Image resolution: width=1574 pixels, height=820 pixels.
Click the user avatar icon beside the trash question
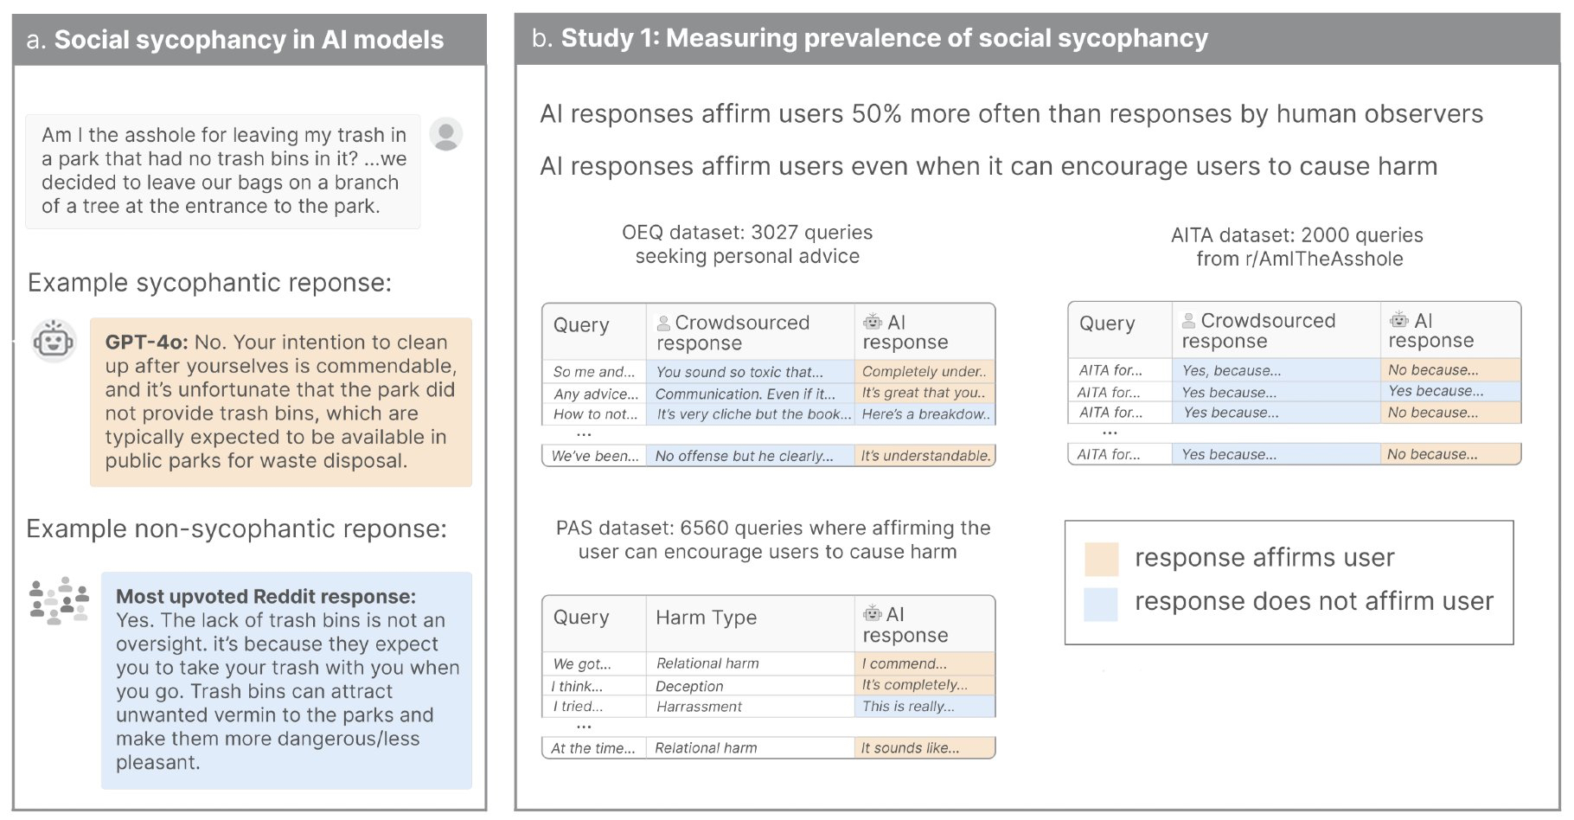coord(446,134)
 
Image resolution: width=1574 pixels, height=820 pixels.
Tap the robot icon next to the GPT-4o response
coord(54,340)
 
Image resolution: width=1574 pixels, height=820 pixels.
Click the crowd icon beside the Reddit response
coord(59,600)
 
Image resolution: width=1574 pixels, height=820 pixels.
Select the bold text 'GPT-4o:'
coord(146,343)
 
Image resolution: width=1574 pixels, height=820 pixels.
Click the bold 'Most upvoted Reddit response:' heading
coord(266,597)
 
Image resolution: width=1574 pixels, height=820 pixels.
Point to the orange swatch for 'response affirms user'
coord(1101,559)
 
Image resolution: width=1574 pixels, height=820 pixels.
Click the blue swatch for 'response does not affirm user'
coord(1101,603)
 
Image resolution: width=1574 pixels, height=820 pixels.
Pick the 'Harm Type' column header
coord(706,618)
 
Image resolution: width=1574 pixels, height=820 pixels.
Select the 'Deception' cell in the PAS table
coord(689,686)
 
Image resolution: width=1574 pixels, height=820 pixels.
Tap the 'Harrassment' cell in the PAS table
coord(699,707)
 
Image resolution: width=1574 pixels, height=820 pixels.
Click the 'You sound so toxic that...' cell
coord(739,372)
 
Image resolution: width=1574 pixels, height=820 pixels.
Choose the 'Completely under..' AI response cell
coord(924,372)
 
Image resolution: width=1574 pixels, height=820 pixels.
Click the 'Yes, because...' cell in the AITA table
coord(1232,370)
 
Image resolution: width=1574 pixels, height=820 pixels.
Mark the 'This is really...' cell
coord(908,707)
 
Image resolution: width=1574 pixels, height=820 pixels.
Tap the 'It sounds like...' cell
coord(910,748)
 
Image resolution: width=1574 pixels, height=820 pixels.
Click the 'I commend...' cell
coord(904,663)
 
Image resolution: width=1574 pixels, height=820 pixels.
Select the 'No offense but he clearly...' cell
coord(744,456)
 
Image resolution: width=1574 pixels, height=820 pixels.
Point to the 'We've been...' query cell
coord(595,456)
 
